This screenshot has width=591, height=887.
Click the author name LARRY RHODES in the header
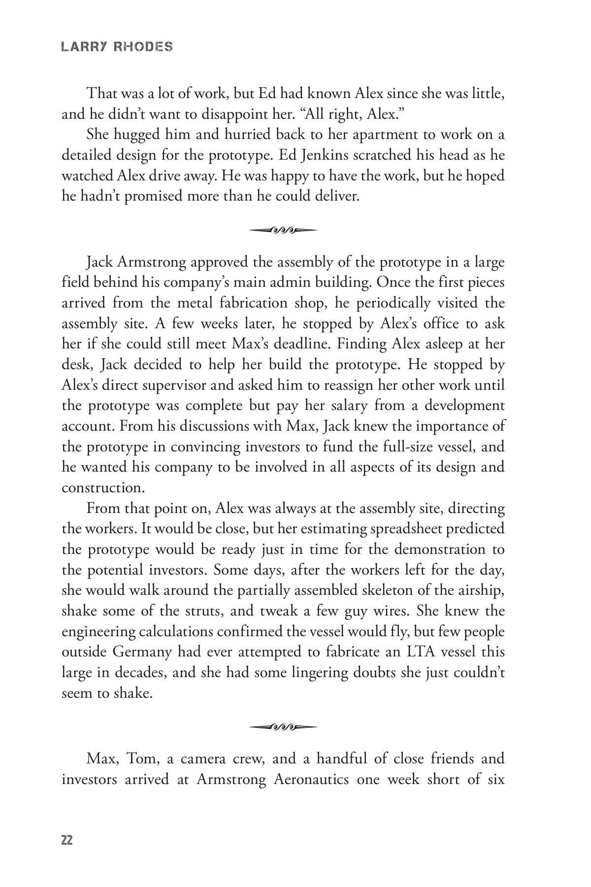[x=117, y=47]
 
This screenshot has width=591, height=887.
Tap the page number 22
[x=67, y=841]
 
